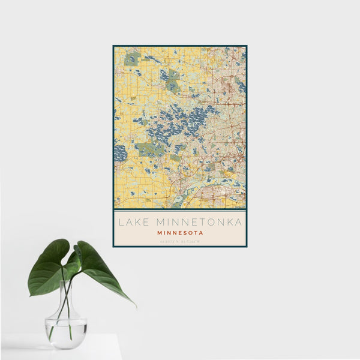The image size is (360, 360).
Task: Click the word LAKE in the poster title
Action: pos(131,222)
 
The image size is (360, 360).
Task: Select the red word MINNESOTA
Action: pos(180,233)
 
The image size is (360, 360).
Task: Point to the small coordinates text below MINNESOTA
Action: pos(180,242)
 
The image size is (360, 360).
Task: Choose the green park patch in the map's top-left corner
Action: pos(131,59)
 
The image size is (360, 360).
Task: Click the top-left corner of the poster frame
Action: pos(113,46)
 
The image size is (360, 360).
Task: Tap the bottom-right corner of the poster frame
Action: pos(246,246)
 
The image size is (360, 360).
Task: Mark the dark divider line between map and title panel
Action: pos(180,209)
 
